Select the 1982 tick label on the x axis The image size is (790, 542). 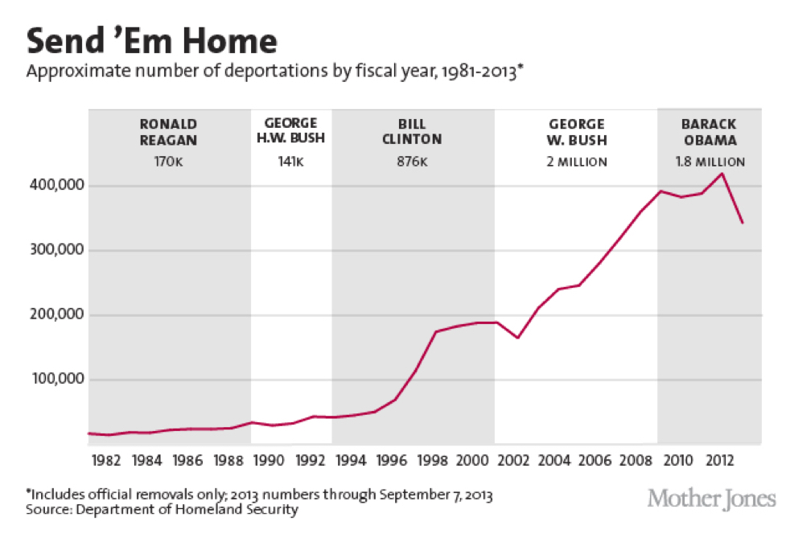(x=106, y=461)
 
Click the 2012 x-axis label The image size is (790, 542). (x=719, y=461)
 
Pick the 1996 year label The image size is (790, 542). (x=392, y=461)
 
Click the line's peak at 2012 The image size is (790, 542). (x=722, y=174)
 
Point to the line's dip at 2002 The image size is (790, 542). (x=517, y=338)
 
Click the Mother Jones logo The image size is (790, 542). (x=711, y=499)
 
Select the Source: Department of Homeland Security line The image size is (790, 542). (x=162, y=510)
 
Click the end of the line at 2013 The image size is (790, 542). (x=742, y=223)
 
